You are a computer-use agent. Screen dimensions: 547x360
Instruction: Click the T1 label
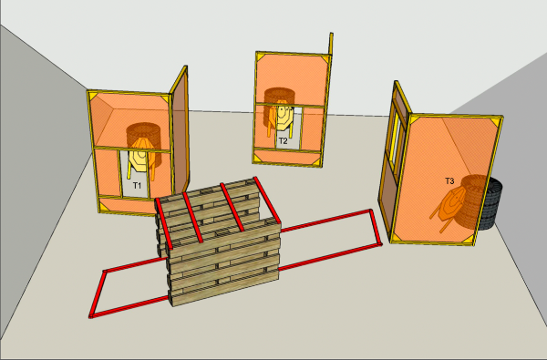(137, 185)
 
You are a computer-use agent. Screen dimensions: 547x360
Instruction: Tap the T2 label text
(283, 141)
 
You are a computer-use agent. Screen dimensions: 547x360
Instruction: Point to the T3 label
(449, 181)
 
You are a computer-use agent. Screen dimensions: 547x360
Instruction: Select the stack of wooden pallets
(219, 242)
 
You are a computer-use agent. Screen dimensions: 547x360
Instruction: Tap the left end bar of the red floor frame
(97, 294)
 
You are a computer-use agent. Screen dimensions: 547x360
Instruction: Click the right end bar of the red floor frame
(376, 227)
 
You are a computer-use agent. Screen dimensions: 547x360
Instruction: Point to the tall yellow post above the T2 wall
(331, 44)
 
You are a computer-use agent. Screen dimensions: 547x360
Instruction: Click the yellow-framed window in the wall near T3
(396, 142)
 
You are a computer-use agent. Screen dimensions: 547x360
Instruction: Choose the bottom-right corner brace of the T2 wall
(315, 160)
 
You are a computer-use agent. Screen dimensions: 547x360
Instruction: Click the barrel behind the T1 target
(144, 143)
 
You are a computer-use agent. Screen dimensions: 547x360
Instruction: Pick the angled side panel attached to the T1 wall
(180, 132)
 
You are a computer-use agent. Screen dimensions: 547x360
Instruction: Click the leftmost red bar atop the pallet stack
(163, 223)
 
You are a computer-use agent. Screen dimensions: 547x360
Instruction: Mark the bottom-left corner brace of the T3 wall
(397, 237)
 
